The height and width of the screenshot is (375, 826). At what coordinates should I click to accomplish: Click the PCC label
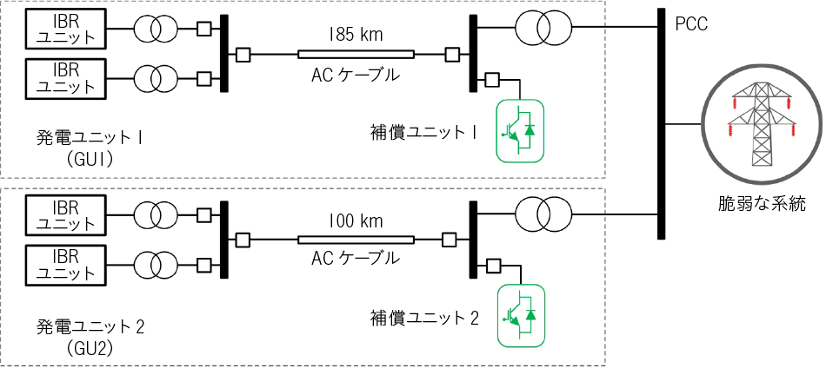[692, 24]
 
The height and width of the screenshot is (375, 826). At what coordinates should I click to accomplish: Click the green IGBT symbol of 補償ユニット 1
[521, 130]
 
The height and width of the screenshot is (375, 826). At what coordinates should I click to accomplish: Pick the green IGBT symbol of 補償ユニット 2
[521, 315]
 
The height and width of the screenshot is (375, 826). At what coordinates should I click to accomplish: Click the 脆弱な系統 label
[762, 204]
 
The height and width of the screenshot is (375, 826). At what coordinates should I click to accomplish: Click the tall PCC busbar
[662, 124]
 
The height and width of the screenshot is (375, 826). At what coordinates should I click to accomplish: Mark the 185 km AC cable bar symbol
[356, 54]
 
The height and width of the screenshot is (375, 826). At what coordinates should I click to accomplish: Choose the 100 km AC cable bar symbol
[356, 240]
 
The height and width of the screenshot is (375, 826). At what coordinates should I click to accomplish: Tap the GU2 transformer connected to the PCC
[543, 214]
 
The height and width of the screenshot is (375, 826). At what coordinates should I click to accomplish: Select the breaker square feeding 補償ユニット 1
[492, 79]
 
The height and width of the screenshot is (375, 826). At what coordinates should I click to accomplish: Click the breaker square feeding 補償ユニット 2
[493, 266]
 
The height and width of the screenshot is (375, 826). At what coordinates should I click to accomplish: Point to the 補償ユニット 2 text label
[424, 319]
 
